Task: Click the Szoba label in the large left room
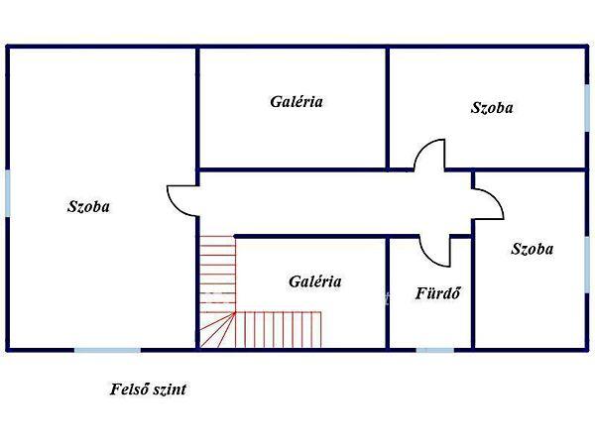click(x=88, y=207)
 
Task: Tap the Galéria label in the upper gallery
click(x=297, y=101)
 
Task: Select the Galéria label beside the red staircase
click(x=315, y=281)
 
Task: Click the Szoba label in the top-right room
click(x=492, y=108)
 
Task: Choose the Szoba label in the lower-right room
click(x=532, y=249)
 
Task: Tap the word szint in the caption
click(x=170, y=390)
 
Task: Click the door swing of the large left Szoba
click(x=180, y=198)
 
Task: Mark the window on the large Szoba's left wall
click(x=7, y=192)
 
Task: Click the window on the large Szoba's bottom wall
click(x=107, y=349)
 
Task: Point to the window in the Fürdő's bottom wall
click(x=435, y=349)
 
